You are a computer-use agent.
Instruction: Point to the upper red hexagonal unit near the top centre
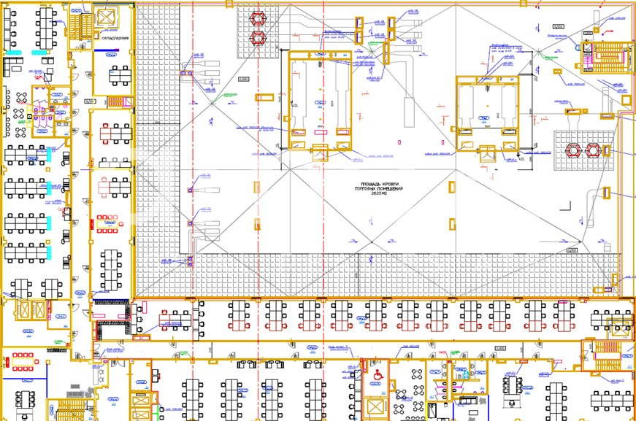(258, 18)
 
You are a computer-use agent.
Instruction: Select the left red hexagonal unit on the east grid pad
(574, 150)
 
